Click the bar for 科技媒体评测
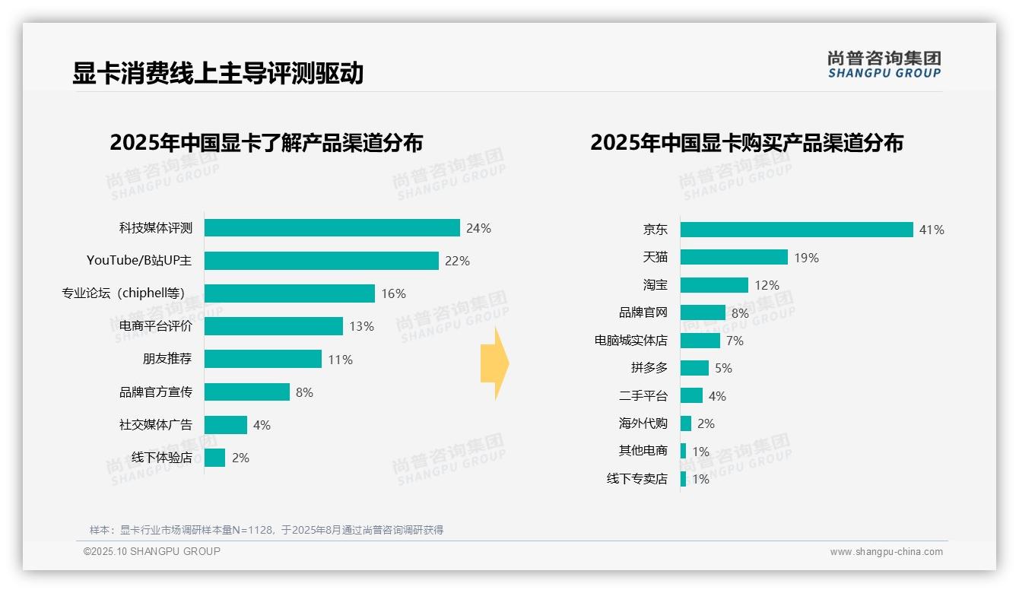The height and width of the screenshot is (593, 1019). coord(332,228)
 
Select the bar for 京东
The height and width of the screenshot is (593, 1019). coord(796,230)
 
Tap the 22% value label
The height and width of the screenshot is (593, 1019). coord(457,261)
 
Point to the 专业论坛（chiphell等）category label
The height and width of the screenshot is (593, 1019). coord(123,293)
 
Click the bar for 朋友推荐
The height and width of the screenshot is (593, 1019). coord(262,359)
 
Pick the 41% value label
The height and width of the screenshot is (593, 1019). coord(931,230)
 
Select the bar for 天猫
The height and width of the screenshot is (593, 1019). coord(734,257)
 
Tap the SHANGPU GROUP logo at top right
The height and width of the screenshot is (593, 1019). coord(884,65)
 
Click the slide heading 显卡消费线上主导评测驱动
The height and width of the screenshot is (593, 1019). coord(217,73)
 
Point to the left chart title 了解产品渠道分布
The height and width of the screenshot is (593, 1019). coord(266,143)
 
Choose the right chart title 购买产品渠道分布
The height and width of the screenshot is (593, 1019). coord(747,143)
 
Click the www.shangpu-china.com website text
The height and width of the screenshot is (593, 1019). coord(886,552)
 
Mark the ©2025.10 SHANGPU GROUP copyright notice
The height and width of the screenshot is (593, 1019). coord(152,551)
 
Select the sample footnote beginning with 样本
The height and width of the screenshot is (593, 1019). coord(266,530)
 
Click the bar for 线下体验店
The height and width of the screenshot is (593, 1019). coord(214,458)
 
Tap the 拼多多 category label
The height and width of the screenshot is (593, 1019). coord(649,368)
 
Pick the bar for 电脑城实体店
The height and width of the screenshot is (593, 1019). coord(700,341)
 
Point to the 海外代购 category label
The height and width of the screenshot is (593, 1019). coord(643,423)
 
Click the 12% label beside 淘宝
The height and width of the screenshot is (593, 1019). coord(767,285)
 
